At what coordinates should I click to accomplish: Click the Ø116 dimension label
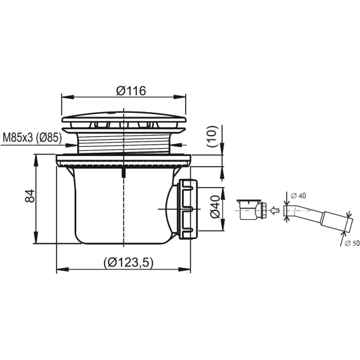coord(131,91)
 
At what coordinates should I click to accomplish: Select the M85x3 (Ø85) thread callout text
coord(32,138)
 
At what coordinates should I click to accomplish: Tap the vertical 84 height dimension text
coord(30,196)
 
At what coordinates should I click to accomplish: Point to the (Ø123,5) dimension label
coord(128,262)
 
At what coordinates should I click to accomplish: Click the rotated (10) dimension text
coord(212,136)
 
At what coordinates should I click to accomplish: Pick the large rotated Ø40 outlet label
coord(215,207)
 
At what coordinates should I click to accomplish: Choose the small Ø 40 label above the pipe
coord(299,196)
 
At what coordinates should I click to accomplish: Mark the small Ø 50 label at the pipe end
coord(352,243)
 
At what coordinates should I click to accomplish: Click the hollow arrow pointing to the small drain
coord(274,210)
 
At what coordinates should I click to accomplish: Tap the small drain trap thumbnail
coord(252,209)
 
